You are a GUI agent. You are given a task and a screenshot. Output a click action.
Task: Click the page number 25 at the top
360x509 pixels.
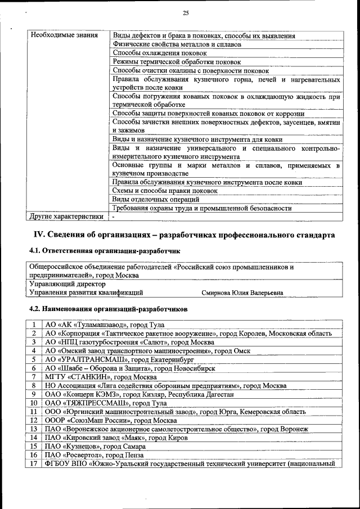click(185, 13)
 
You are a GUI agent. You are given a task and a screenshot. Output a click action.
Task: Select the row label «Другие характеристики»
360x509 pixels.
click(66, 216)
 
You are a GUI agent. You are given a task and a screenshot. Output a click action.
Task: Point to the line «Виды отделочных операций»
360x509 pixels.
click(156, 199)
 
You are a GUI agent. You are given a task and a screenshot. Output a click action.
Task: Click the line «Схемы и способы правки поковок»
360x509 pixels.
click(165, 191)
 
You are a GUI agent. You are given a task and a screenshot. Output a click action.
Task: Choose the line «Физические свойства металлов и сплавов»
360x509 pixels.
click(177, 44)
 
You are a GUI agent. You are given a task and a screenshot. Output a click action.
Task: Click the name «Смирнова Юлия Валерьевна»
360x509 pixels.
click(242, 292)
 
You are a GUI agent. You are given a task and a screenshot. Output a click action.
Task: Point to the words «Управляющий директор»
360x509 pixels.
click(64, 284)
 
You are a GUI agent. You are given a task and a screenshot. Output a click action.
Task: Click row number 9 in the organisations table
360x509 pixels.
click(34, 394)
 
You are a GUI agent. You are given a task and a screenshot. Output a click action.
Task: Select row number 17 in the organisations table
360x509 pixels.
click(34, 463)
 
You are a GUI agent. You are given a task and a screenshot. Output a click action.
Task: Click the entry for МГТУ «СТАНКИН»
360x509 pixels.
click(101, 377)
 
